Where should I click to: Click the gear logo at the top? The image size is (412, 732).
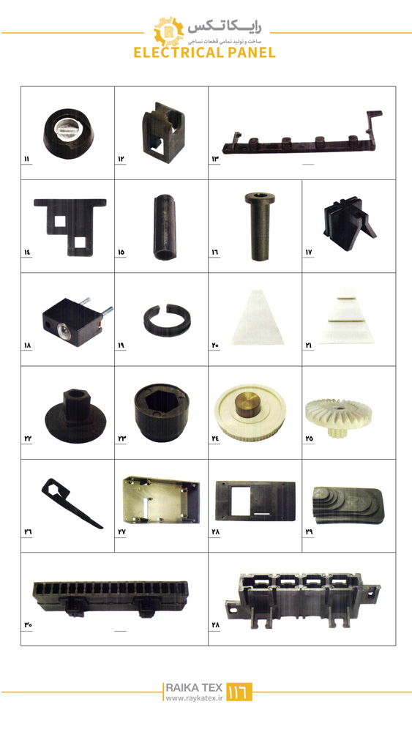pyautogui.click(x=169, y=31)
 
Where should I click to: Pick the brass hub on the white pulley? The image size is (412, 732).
pyautogui.click(x=248, y=405)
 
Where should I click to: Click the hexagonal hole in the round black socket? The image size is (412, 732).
pyautogui.click(x=162, y=403)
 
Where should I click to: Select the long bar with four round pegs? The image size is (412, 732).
pyautogui.click(x=302, y=136)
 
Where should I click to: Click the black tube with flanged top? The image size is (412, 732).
pyautogui.click(x=260, y=226)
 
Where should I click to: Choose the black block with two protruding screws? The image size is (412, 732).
pyautogui.click(x=78, y=321)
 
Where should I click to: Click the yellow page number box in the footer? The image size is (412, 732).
pyautogui.click(x=239, y=692)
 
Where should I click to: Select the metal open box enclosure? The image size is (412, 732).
pyautogui.click(x=161, y=500)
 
